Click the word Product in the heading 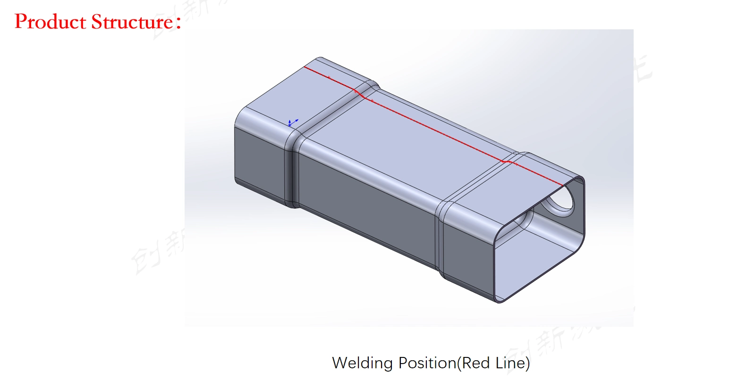tap(50, 22)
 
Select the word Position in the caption tap(427, 363)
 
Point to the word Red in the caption tap(475, 363)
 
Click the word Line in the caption tap(512, 363)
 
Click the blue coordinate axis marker tap(291, 123)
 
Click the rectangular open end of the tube tap(538, 246)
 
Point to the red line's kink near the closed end tap(360, 94)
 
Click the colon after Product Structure tap(178, 23)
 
